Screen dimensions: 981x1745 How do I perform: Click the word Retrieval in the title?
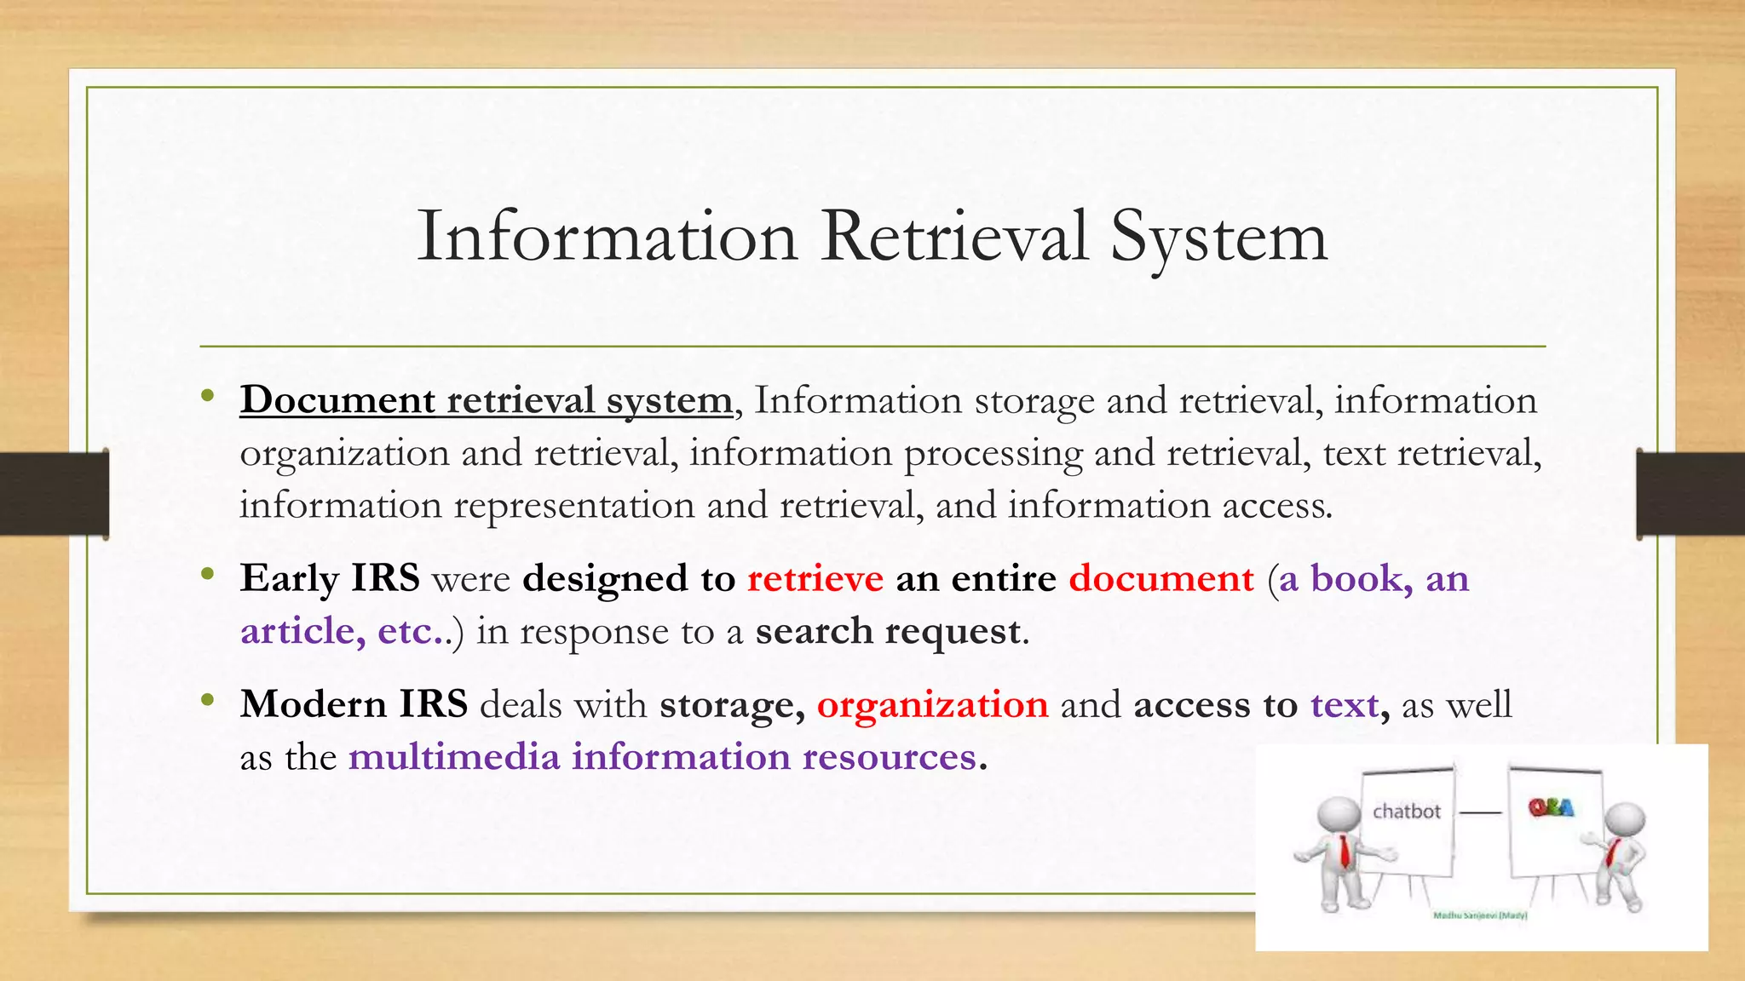click(954, 236)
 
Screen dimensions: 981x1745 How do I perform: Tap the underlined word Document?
click(337, 400)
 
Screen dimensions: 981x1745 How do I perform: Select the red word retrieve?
click(815, 579)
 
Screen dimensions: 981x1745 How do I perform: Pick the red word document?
click(1161, 579)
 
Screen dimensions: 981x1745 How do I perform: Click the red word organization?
click(932, 706)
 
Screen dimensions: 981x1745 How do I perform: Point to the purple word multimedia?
click(454, 757)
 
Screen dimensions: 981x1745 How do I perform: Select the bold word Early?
click(290, 579)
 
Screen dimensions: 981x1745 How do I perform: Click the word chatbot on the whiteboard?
click(1406, 812)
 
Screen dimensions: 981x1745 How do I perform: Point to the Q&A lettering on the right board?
click(1551, 807)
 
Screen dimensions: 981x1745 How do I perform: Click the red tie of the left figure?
click(1344, 851)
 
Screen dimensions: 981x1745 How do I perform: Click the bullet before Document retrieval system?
click(207, 395)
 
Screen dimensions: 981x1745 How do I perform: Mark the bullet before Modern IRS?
click(207, 700)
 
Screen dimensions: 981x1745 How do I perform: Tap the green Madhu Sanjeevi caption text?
click(1480, 915)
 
